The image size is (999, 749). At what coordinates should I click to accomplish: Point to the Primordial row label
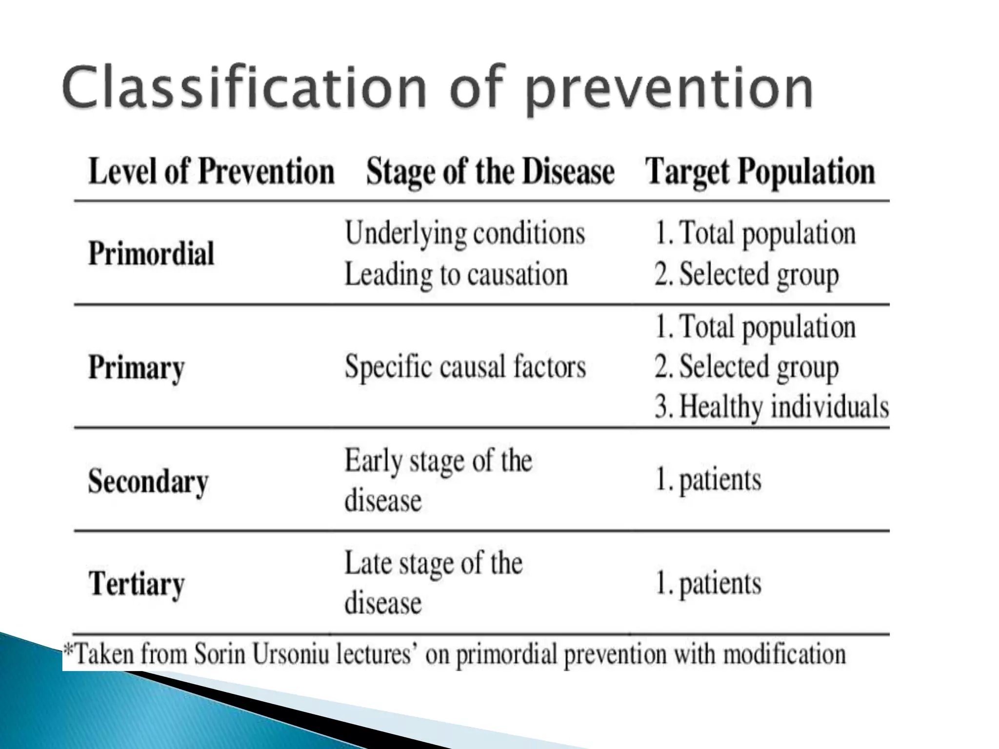point(151,254)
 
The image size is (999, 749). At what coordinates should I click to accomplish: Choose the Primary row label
point(137,367)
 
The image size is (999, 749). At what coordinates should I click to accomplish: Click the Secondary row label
point(148,482)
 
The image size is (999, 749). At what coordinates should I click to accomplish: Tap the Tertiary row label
point(137,584)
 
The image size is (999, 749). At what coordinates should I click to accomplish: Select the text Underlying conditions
point(465,233)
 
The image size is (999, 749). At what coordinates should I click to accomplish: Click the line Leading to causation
point(456,274)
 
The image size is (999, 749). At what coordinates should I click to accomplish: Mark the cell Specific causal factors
point(465,366)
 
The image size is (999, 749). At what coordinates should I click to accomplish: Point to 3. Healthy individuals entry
point(771,406)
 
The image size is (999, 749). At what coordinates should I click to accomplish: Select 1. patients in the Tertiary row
point(707,583)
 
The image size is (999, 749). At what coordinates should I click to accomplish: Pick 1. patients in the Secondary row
point(707,479)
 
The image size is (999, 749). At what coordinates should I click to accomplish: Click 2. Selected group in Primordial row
point(746,274)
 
